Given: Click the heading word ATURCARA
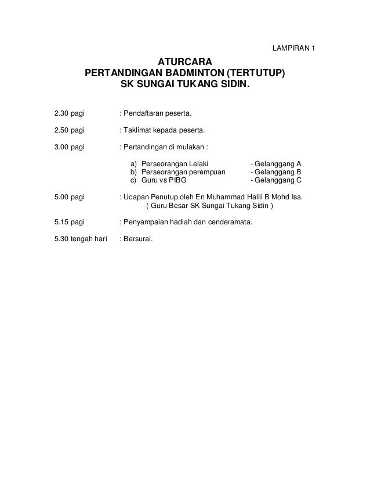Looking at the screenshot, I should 185,62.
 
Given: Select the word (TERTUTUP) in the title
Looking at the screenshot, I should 256,74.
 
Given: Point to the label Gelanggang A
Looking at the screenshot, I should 275,164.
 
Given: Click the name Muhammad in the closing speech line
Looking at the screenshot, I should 215,198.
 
